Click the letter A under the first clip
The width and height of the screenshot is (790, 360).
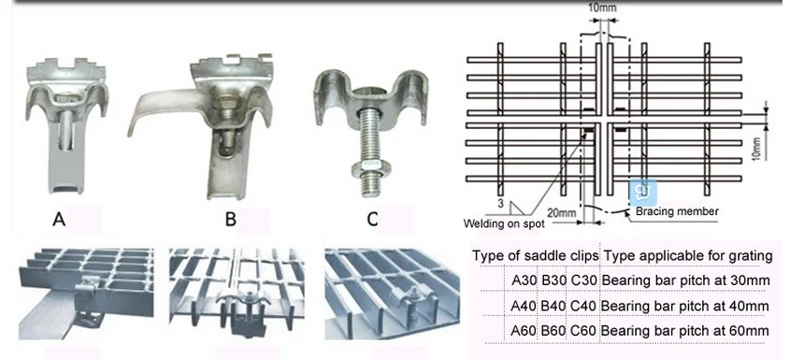pos(59,220)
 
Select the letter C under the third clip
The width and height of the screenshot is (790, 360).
pos(371,220)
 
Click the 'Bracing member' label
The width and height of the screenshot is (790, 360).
pos(677,212)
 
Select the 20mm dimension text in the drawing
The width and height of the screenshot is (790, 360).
pos(561,212)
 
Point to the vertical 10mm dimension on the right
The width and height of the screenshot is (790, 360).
pos(756,145)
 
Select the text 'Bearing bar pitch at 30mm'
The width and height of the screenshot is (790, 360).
pos(685,280)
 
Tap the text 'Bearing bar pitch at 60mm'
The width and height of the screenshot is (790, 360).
pos(685,330)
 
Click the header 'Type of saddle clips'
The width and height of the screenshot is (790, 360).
pos(535,254)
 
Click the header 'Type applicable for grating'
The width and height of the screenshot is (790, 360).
pos(687,254)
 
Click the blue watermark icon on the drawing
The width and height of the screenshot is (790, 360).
pos(641,190)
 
